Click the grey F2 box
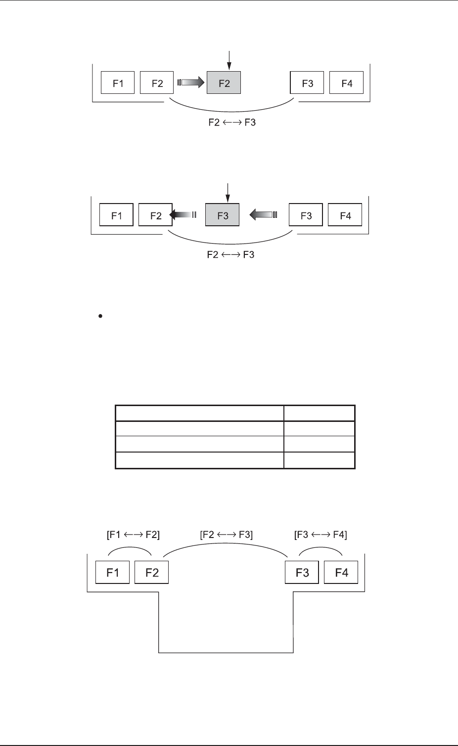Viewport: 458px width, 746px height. (224, 83)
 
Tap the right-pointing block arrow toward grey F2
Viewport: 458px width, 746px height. (190, 83)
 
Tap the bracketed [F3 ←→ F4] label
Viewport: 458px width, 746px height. (321, 534)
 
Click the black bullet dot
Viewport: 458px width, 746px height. (100, 318)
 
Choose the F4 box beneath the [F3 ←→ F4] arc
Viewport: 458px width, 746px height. (341, 572)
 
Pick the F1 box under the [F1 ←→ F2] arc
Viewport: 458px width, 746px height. (112, 572)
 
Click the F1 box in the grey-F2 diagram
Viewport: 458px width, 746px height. (118, 83)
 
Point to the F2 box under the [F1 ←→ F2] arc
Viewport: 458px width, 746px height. (152, 572)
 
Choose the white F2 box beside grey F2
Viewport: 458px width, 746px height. (157, 83)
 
